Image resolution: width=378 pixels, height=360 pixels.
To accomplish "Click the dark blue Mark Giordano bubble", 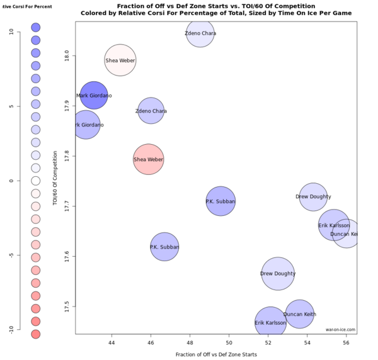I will point(93,96).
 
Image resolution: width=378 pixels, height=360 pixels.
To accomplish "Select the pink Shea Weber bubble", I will point(149,159).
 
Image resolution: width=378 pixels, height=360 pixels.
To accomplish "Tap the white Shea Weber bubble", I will point(120,60).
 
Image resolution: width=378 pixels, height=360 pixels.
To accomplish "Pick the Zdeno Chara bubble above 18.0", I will point(200,33).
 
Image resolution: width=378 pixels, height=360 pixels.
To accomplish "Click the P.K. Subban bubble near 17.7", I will point(220,201).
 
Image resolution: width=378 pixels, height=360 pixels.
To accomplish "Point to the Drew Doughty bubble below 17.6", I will point(278,274).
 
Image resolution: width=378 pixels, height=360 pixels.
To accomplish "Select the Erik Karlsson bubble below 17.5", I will point(270,323).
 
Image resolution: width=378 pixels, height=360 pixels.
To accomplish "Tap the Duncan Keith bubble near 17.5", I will point(300,313).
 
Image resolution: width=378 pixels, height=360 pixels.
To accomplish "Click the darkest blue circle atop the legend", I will point(36,28).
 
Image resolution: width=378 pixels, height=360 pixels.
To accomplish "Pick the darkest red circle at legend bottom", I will point(36,334).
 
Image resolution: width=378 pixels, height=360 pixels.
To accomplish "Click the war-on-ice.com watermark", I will point(340,329).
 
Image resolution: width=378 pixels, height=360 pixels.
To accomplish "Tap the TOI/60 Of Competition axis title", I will point(56,179).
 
